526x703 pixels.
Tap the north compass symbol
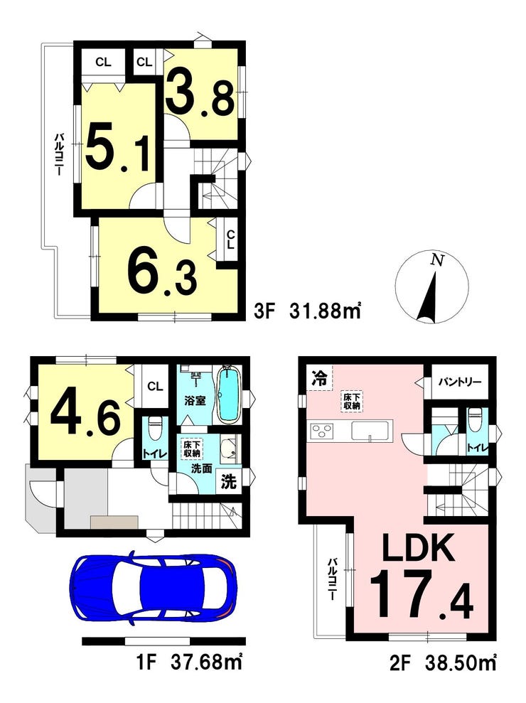click(432, 287)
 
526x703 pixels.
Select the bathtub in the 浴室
click(230, 394)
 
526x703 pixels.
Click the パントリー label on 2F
click(460, 382)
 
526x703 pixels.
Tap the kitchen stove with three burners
click(322, 431)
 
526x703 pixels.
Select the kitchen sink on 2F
click(372, 431)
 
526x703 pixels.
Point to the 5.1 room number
click(117, 149)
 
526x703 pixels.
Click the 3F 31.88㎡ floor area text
click(307, 311)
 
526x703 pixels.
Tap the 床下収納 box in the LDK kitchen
click(352, 402)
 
